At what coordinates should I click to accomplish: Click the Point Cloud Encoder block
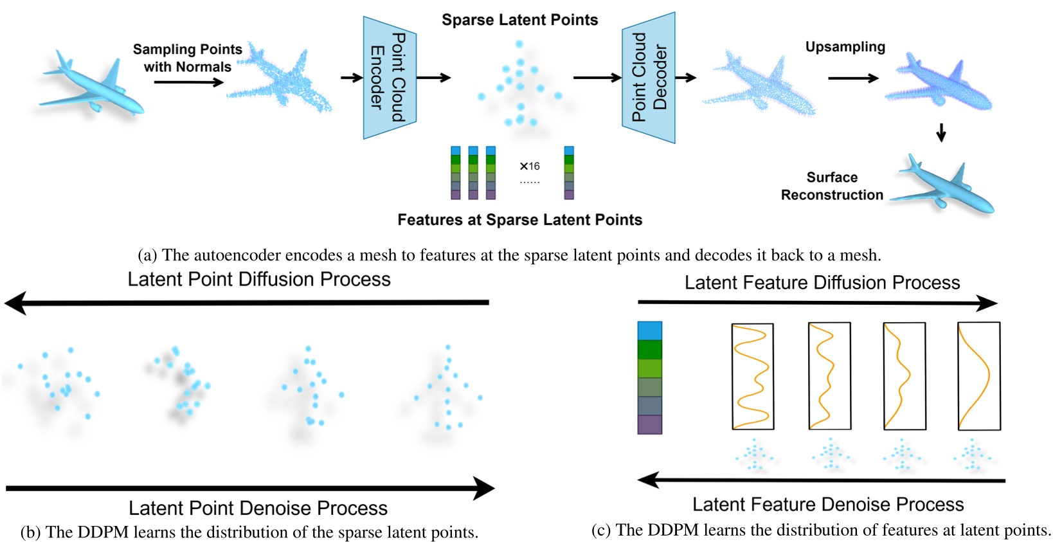pyautogui.click(x=390, y=78)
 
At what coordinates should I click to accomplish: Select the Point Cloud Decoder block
pyautogui.click(x=649, y=78)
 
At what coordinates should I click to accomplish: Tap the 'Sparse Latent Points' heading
pyautogui.click(x=519, y=20)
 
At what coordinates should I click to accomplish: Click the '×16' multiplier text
pyautogui.click(x=529, y=166)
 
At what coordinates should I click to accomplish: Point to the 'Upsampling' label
pyautogui.click(x=845, y=46)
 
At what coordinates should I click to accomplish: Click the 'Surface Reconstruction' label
pyautogui.click(x=832, y=186)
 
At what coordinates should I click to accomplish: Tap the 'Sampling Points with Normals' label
pyautogui.click(x=188, y=58)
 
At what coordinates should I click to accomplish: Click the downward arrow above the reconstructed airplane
pyautogui.click(x=941, y=132)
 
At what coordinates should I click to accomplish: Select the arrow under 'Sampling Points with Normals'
pyautogui.click(x=188, y=82)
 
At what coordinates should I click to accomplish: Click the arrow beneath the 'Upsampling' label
pyautogui.click(x=853, y=78)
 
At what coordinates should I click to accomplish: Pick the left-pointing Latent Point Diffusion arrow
pyautogui.click(x=247, y=303)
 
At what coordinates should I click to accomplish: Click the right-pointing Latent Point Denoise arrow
pyautogui.click(x=250, y=489)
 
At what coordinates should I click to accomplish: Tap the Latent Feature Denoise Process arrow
pyautogui.click(x=821, y=480)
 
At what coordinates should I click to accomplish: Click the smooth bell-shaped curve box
pyautogui.click(x=979, y=375)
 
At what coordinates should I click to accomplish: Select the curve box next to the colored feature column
pyautogui.click(x=753, y=376)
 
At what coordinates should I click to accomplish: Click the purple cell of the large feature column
pyautogui.click(x=650, y=424)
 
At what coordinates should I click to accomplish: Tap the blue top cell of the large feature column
pyautogui.click(x=650, y=331)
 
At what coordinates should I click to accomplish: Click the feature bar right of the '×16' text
pyautogui.click(x=569, y=172)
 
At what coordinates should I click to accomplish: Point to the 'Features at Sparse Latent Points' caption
pyautogui.click(x=520, y=219)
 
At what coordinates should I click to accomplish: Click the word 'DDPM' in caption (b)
pyautogui.click(x=103, y=532)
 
